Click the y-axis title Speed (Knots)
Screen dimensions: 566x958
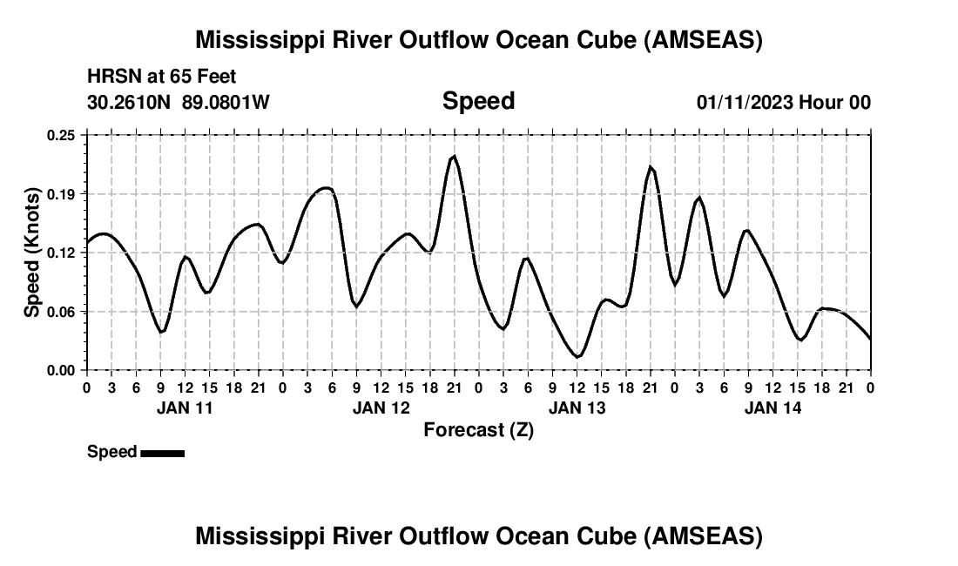tap(32, 253)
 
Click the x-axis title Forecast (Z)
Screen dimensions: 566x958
tap(478, 429)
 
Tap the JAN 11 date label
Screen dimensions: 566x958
tap(184, 408)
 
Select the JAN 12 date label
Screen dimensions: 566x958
tap(381, 408)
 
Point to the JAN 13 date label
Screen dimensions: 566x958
tap(577, 408)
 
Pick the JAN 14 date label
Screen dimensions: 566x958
tap(772, 408)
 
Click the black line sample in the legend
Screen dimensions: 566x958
tap(162, 453)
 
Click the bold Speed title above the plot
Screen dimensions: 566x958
tap(478, 101)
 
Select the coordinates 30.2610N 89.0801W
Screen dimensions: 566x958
tap(179, 103)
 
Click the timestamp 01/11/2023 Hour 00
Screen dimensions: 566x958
tap(784, 103)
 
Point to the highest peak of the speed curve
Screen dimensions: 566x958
tap(454, 157)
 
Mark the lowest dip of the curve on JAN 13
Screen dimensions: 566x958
tap(577, 356)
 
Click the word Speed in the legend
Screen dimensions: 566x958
tap(111, 452)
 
